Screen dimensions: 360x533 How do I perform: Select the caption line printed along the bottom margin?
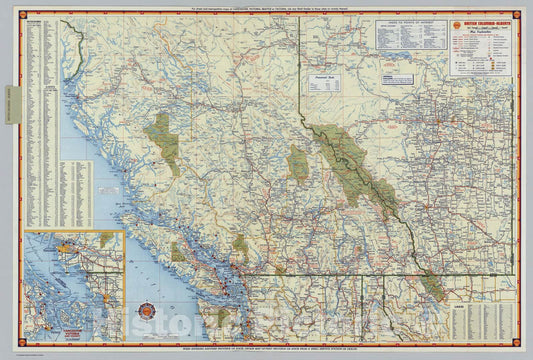click(266, 351)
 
